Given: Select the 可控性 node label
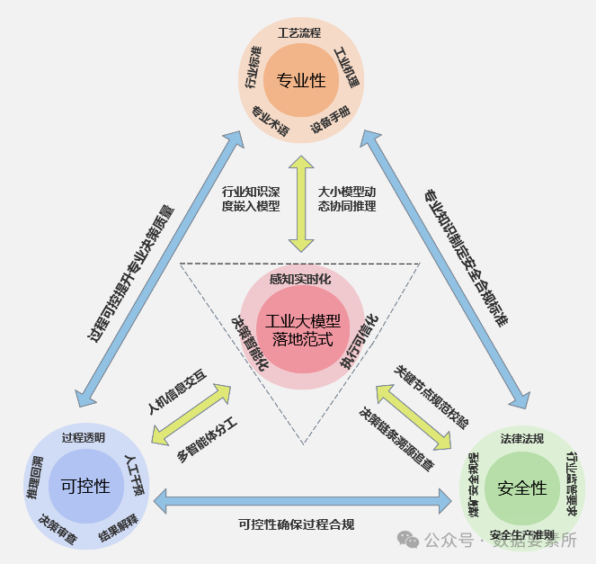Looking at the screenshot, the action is (x=85, y=487).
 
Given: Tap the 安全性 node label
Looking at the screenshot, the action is (x=521, y=488).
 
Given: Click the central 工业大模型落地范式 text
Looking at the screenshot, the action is (x=298, y=330).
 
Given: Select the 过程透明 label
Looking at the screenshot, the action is (x=84, y=438).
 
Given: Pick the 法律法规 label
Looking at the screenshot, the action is (x=522, y=439).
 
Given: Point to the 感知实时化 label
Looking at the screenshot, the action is (x=299, y=279).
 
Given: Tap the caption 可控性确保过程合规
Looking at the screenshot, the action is (x=297, y=524).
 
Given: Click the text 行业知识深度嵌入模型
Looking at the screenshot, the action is (x=251, y=199).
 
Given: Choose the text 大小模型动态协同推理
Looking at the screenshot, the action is (x=347, y=199).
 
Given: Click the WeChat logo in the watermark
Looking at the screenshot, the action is (x=408, y=539).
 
